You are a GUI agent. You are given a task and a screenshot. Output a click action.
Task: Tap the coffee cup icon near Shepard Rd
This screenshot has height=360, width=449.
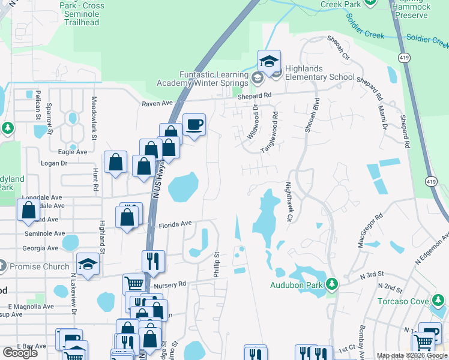coord(194,125)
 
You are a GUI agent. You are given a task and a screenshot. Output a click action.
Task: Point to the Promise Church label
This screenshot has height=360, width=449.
coord(34,266)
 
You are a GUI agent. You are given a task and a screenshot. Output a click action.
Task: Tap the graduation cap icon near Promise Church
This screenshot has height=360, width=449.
coord(88,265)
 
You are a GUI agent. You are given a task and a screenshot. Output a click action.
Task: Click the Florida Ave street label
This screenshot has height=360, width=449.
coord(175,224)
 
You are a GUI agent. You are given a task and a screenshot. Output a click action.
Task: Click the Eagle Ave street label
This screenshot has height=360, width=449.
coord(73,152)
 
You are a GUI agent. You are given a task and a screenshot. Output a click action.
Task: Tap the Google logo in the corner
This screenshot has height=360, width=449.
coord(20,353)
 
